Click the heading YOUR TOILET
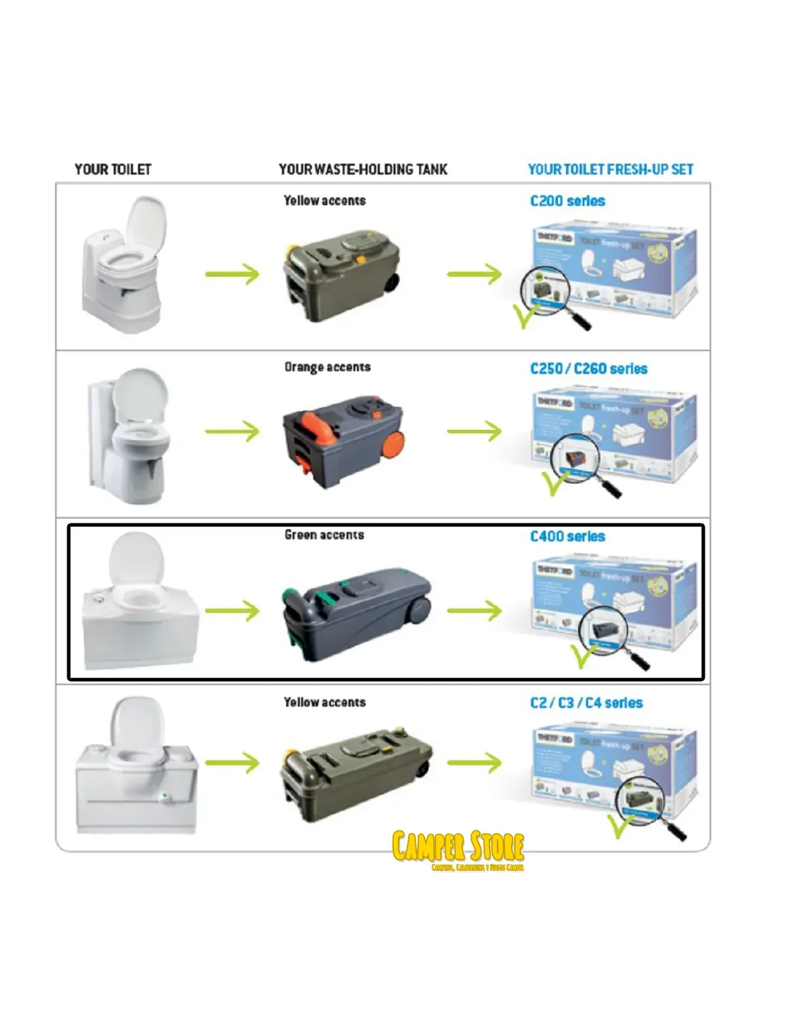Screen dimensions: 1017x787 (x=113, y=169)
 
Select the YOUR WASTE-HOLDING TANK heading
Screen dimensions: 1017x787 (x=363, y=169)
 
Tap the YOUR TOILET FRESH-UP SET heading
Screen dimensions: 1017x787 (x=610, y=169)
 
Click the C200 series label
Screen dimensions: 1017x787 (x=567, y=201)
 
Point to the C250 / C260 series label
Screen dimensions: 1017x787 (x=588, y=369)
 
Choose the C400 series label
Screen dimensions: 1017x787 (x=567, y=536)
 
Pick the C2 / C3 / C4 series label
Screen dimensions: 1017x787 (x=586, y=703)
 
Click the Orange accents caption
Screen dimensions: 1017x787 (x=328, y=367)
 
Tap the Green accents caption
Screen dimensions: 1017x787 (x=324, y=535)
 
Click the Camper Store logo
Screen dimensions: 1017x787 (x=459, y=850)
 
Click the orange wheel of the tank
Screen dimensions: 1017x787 (x=392, y=447)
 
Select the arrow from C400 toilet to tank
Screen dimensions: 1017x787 (x=232, y=611)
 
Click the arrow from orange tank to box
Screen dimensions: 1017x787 (x=474, y=431)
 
